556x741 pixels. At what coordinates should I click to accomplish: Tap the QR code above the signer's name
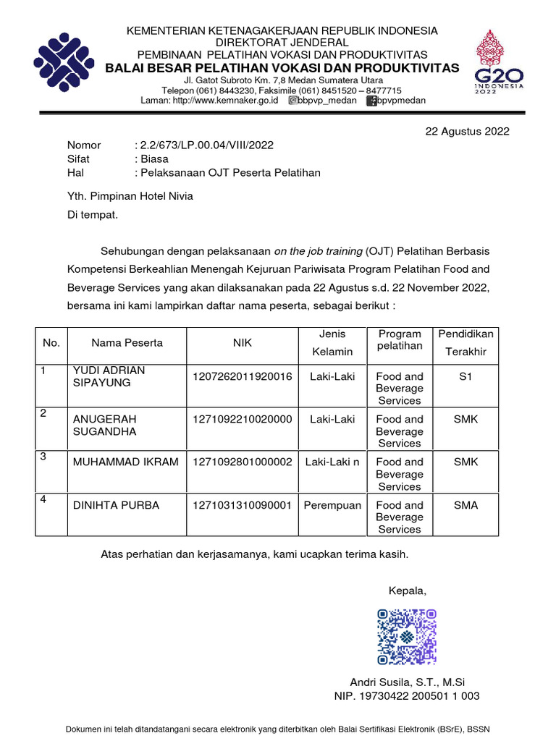(x=407, y=637)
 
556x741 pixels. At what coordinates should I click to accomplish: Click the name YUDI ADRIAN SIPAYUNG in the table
(x=109, y=376)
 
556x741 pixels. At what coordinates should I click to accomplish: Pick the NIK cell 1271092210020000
(x=242, y=419)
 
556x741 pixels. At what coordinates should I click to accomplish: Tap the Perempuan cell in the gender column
(x=332, y=505)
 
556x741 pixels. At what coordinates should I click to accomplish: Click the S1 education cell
(x=466, y=376)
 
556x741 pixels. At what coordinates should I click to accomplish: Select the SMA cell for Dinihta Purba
(x=466, y=505)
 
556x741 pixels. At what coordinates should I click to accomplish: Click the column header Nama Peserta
(x=127, y=343)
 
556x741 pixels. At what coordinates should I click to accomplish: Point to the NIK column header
(x=242, y=343)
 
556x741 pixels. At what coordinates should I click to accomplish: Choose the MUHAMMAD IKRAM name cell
(x=125, y=462)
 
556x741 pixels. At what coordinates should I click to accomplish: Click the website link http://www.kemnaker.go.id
(x=225, y=101)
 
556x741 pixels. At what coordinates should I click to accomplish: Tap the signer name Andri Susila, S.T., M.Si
(x=407, y=682)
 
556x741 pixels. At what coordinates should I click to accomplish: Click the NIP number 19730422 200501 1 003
(x=407, y=696)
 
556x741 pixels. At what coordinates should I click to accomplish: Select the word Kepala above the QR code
(x=408, y=591)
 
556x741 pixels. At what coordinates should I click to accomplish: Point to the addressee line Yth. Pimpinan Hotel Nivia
(x=130, y=195)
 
